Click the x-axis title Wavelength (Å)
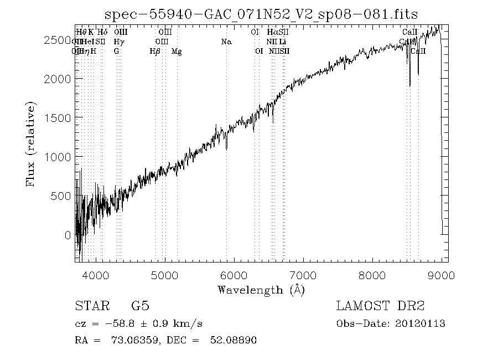click(261, 289)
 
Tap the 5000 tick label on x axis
click(165, 275)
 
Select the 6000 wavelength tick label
click(234, 275)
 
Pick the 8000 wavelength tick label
click(372, 275)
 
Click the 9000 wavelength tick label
click(441, 275)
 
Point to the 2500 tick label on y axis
click(58, 40)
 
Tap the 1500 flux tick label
click(58, 118)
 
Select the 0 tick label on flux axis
click(68, 235)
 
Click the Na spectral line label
click(226, 42)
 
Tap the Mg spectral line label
click(177, 51)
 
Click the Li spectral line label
click(283, 42)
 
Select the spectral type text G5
click(140, 306)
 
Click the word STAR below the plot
click(92, 306)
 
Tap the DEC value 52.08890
click(233, 341)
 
